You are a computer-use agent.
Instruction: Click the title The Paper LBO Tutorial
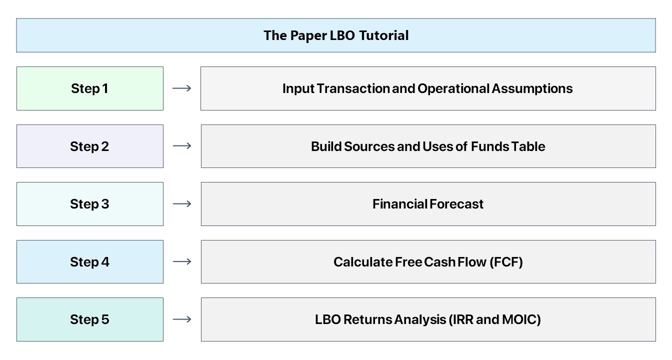coord(336,35)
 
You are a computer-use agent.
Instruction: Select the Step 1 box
coord(90,88)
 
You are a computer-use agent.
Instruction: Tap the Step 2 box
coord(90,146)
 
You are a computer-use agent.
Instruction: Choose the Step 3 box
coord(90,204)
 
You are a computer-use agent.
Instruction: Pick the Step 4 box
coord(90,262)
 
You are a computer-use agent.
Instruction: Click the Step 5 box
coord(90,319)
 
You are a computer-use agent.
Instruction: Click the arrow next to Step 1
coord(182,88)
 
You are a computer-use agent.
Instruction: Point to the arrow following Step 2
coord(182,146)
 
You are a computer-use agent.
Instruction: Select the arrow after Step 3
coord(182,204)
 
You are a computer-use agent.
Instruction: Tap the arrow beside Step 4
coord(182,261)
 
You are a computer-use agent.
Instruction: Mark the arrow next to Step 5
coord(182,319)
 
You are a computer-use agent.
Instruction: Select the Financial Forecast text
coord(428,204)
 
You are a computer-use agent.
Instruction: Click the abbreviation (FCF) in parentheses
coord(506,262)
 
